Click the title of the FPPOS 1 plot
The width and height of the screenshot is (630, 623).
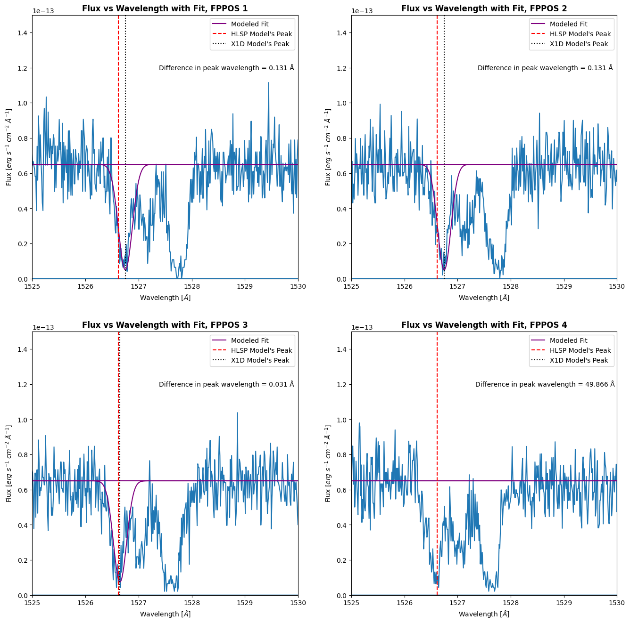pos(165,8)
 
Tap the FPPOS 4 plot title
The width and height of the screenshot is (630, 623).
pos(484,325)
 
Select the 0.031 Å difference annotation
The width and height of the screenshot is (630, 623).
pos(226,384)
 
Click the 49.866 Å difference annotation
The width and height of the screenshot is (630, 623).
pos(545,384)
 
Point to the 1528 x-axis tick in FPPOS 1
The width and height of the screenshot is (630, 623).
pos(192,286)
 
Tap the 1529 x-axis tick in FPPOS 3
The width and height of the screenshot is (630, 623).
pos(245,603)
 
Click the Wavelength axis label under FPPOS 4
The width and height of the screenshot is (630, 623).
pos(484,614)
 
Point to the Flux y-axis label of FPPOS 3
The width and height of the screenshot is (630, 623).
pos(8,463)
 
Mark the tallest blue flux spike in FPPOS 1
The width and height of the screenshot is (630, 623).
pos(268,83)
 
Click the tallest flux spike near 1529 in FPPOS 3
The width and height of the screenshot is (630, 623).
pos(237,413)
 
